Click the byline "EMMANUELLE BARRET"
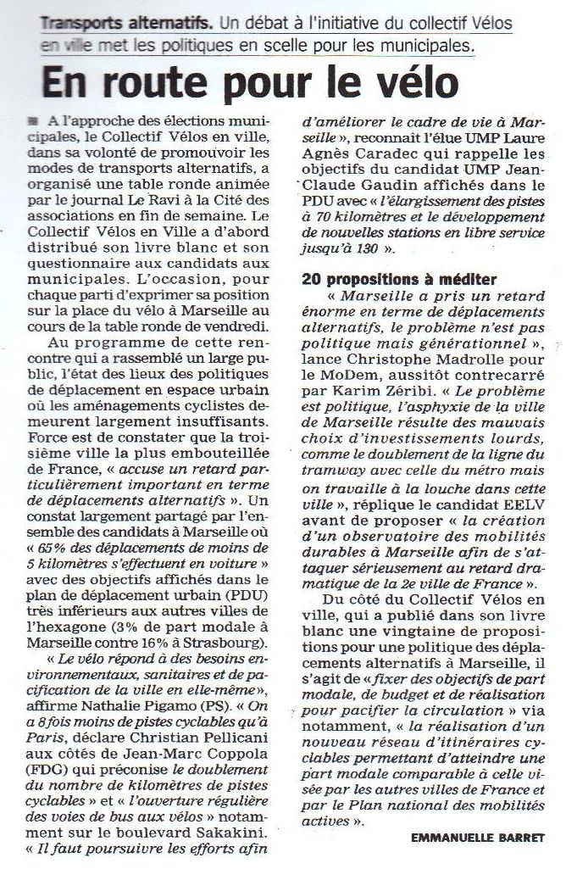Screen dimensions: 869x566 (474, 837)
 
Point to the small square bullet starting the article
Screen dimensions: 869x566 (31, 121)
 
